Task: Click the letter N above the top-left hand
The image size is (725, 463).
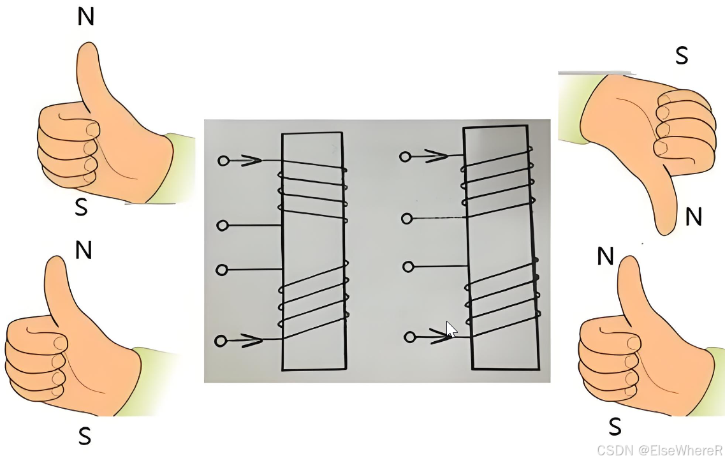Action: [86, 17]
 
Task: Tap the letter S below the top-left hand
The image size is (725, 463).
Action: [82, 207]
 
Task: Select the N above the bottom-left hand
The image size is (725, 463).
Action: [84, 250]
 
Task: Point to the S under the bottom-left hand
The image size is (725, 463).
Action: [85, 436]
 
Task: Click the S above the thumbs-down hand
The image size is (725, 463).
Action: [682, 55]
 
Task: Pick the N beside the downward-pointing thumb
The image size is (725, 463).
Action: [694, 216]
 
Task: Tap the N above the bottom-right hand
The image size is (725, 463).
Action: [605, 256]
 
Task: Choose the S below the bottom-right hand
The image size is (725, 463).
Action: [615, 427]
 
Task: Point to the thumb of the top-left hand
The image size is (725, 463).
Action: [90, 74]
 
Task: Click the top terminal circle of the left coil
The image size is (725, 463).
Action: [223, 161]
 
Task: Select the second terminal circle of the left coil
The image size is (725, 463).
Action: [223, 225]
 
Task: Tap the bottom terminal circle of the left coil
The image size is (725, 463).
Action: [221, 341]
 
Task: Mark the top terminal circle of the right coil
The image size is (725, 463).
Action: [405, 157]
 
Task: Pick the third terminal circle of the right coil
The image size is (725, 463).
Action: [408, 267]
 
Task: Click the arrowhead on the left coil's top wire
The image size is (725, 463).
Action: [251, 161]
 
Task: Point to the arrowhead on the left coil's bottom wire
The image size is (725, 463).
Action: [251, 341]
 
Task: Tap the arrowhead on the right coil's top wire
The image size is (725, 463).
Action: [437, 156]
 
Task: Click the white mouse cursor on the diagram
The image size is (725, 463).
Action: [451, 329]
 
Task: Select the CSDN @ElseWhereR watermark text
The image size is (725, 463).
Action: [660, 450]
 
